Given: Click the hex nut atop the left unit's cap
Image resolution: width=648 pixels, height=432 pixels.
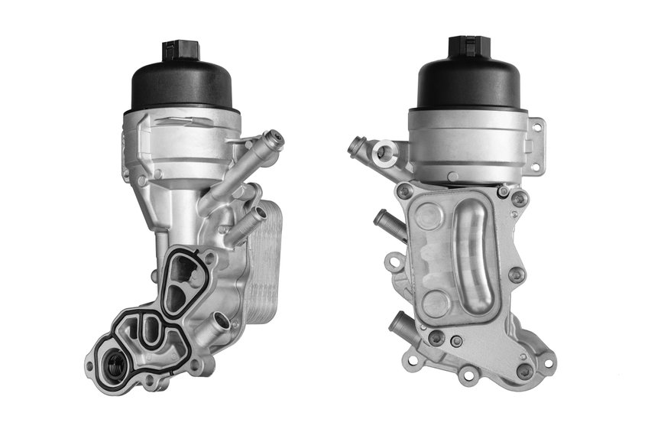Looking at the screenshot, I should pyautogui.click(x=180, y=51).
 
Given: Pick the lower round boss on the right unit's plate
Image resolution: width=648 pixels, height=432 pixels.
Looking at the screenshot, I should pyautogui.click(x=436, y=302).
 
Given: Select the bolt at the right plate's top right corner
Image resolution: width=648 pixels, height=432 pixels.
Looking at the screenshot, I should pyautogui.click(x=519, y=199).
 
